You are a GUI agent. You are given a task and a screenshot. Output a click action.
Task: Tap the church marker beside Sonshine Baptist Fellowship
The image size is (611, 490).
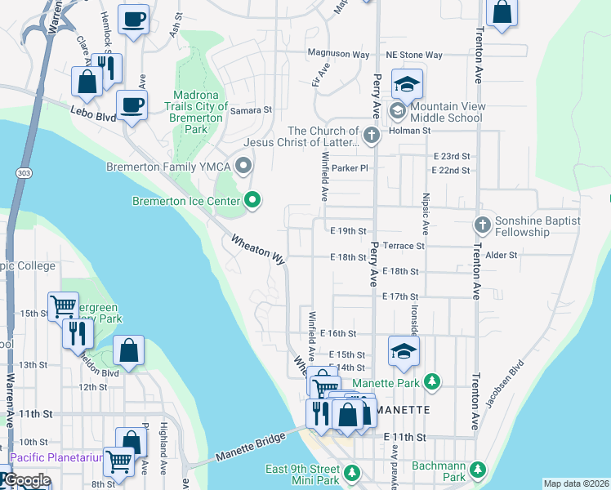pos(483,224)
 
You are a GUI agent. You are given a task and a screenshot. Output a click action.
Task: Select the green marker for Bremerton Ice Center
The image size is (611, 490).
pos(252,199)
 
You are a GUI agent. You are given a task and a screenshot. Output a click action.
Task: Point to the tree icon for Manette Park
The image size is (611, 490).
pos(433,381)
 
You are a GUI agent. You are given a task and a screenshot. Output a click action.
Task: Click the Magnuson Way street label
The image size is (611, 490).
pos(338,55)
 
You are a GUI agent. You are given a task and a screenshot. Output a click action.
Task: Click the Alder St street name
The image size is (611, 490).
pos(502,255)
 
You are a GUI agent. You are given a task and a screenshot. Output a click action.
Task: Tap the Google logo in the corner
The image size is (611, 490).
pos(27,480)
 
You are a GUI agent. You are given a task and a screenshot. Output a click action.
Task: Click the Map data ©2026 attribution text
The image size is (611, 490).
pos(576,483)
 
